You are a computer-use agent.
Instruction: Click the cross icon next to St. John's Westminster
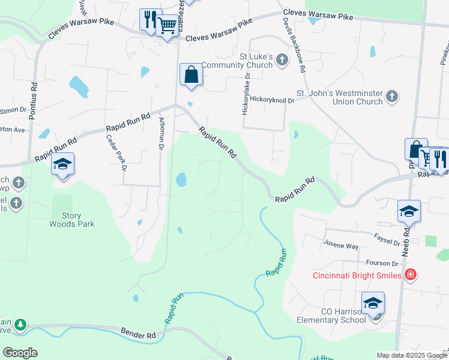point(391,96)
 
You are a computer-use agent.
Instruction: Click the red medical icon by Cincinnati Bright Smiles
point(411,275)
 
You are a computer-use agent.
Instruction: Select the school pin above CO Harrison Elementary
point(373,304)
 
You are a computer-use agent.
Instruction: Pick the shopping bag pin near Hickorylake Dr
point(191,75)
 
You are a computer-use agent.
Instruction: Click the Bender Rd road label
point(138,332)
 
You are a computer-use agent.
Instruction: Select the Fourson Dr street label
point(382,263)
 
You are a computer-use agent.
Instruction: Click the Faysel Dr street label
point(387,240)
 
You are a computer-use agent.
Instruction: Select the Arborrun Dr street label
point(161,133)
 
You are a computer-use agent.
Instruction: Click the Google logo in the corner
point(20,353)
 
